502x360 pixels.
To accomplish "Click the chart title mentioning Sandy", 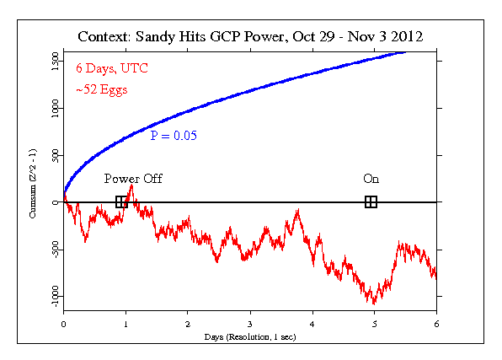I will pyautogui.click(x=251, y=37).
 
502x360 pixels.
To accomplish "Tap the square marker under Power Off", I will pyautogui.click(x=121, y=201).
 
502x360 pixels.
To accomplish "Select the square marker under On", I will pyautogui.click(x=371, y=201).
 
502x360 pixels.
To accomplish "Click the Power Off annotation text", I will pyautogui.click(x=133, y=179).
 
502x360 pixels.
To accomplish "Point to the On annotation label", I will pyautogui.click(x=371, y=179).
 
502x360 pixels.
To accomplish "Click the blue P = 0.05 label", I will pyautogui.click(x=174, y=135).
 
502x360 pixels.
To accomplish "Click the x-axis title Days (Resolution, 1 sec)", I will pyautogui.click(x=250, y=336).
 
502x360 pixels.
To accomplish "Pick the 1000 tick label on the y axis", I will pyautogui.click(x=51, y=108).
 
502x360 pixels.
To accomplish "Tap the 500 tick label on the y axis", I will pyautogui.click(x=51, y=155).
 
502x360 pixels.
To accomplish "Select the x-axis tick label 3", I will pyautogui.click(x=250, y=323).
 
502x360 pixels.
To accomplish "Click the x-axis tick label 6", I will pyautogui.click(x=436, y=323).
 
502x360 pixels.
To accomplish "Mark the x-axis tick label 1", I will pyautogui.click(x=125, y=323).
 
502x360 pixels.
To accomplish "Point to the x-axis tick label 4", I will pyautogui.click(x=312, y=323).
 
